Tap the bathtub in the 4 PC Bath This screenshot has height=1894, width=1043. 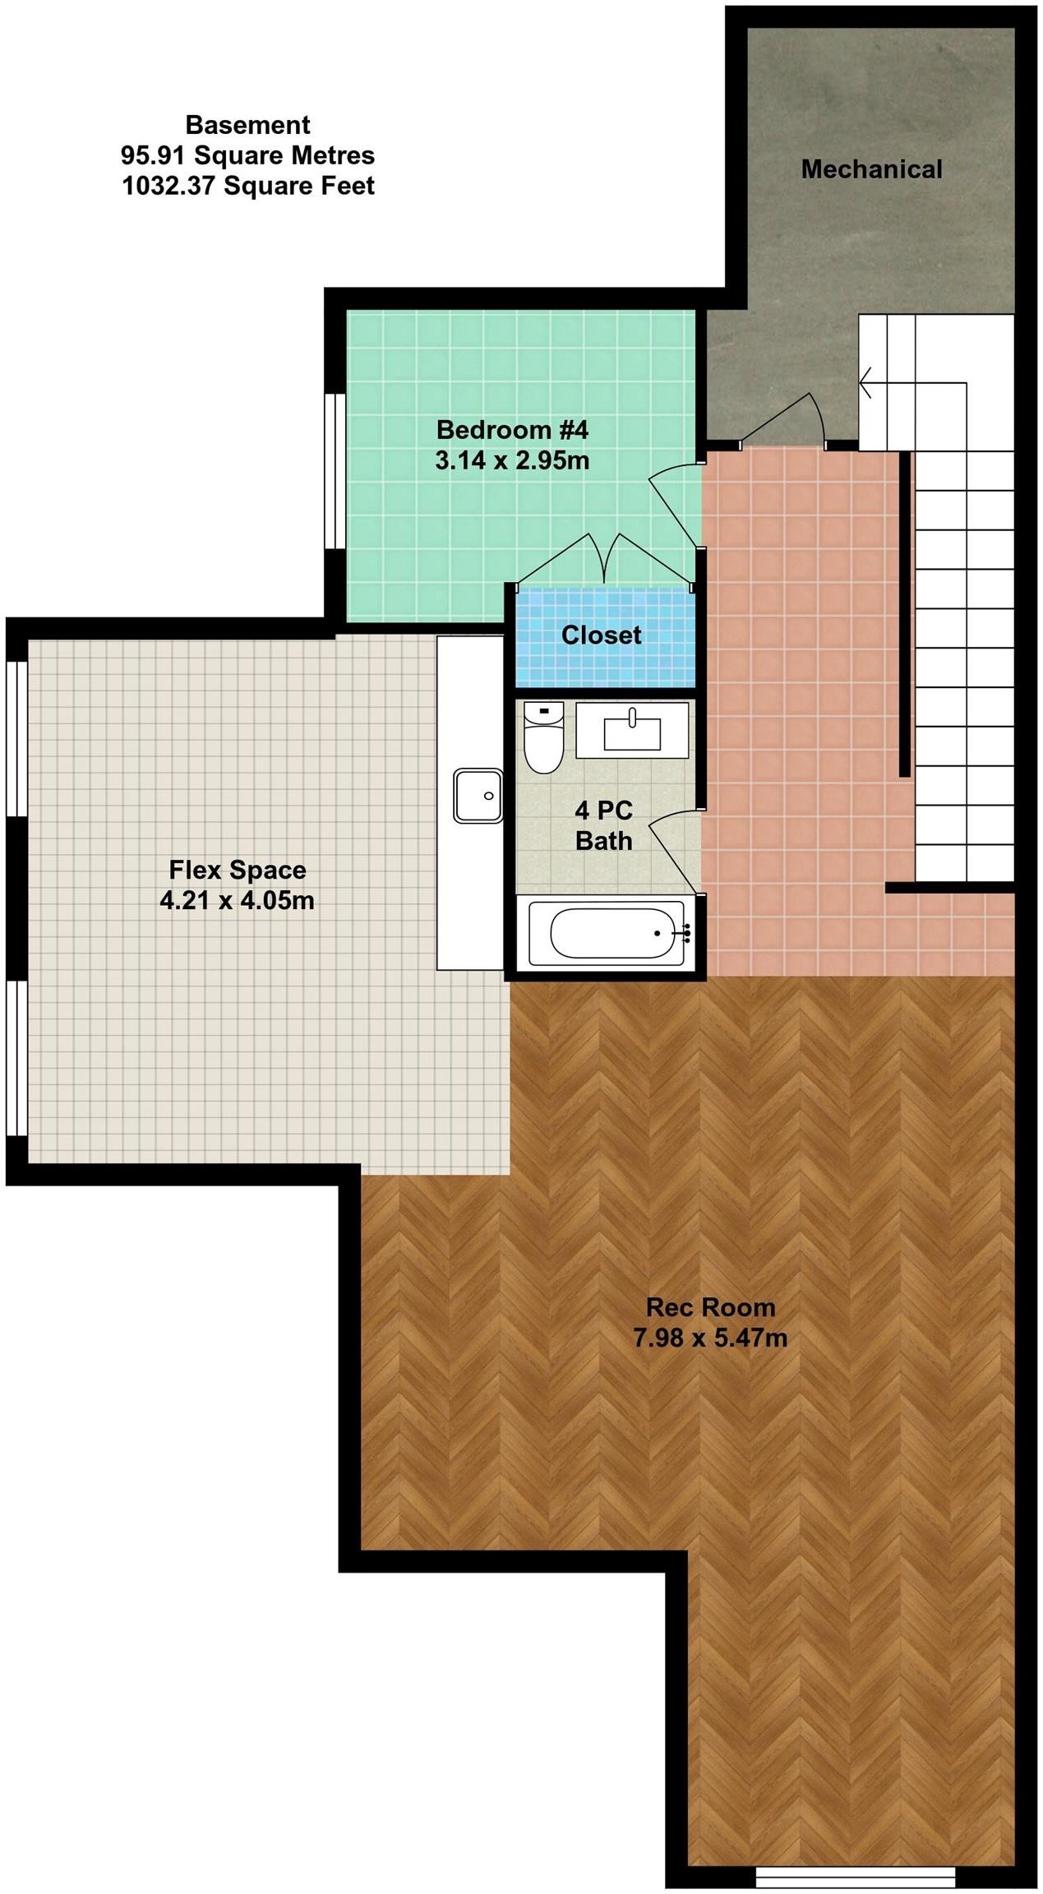pos(607,933)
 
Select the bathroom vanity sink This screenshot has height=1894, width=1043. pos(632,729)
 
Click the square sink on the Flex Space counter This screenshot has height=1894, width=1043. pos(478,795)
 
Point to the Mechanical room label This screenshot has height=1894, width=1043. pos(871,169)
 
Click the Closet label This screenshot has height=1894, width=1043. pos(601,635)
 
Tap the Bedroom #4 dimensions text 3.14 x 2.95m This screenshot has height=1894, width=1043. pos(512,460)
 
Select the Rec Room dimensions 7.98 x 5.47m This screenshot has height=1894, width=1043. pos(710,1338)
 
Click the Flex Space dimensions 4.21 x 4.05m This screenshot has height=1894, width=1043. pos(237,901)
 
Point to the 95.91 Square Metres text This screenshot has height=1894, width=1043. pos(247,155)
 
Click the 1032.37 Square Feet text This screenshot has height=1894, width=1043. pos(247,186)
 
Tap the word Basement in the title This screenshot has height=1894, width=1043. pos(247,125)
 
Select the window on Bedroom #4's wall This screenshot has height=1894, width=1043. pos(335,471)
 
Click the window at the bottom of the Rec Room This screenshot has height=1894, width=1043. pos(855,1877)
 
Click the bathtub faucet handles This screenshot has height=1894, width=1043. pos(685,931)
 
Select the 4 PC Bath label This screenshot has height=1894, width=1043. pos(603,825)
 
